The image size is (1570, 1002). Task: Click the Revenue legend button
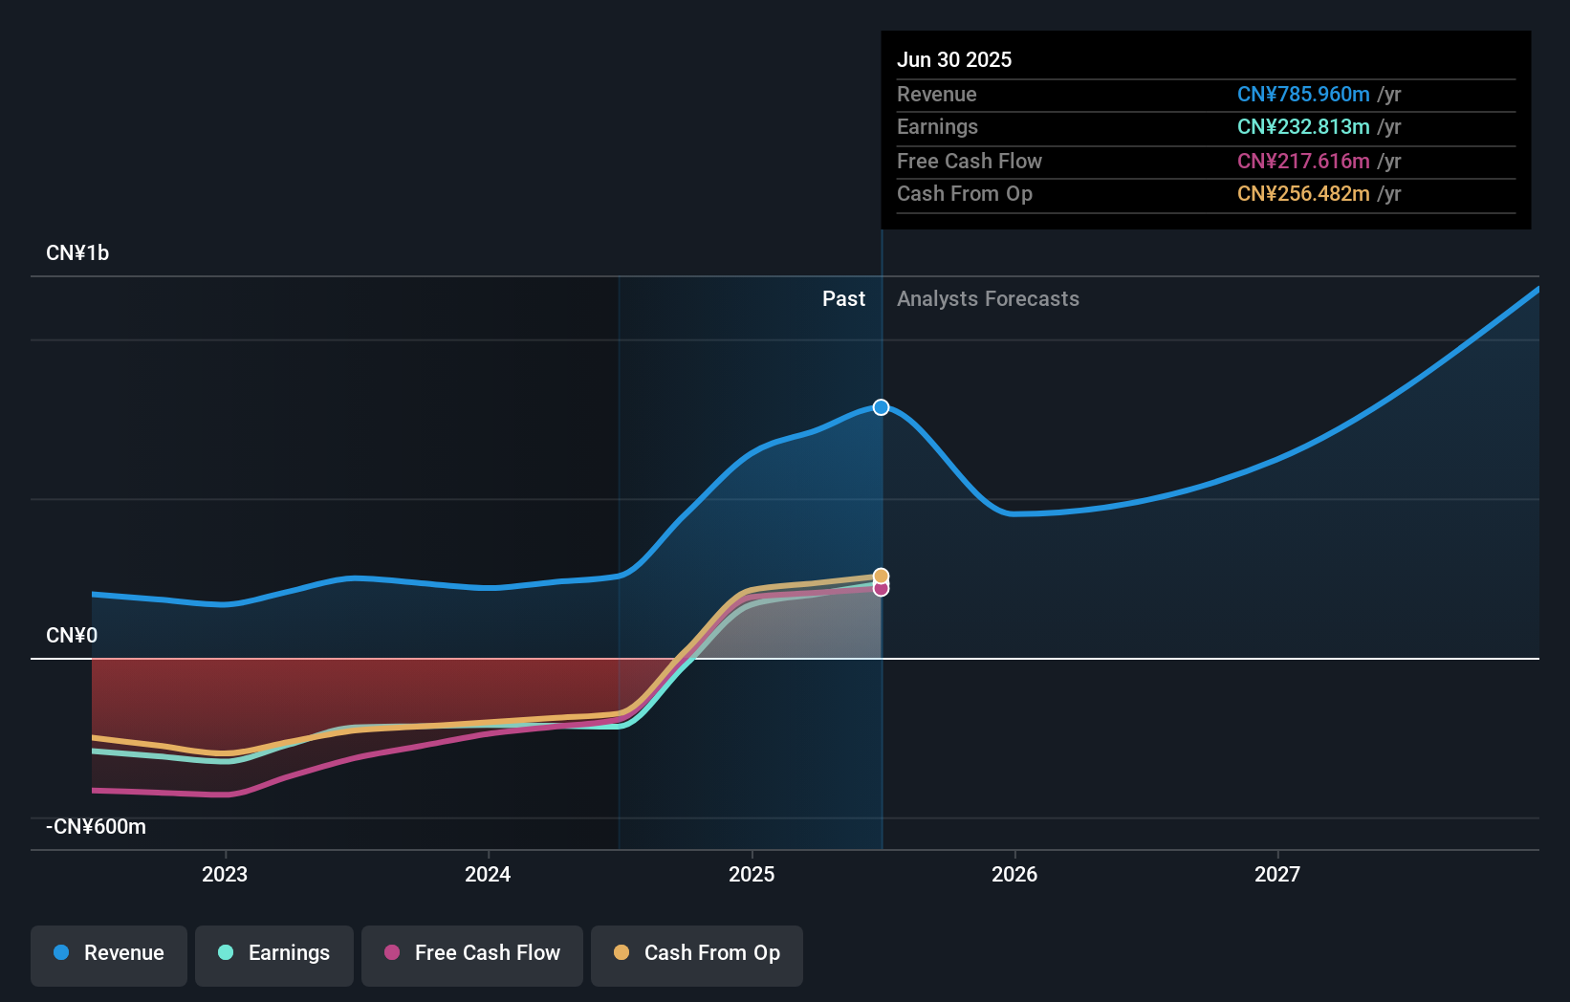[109, 953]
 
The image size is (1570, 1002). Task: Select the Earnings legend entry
[274, 953]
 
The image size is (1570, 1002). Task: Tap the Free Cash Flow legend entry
[472, 953]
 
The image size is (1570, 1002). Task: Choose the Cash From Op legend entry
[697, 953]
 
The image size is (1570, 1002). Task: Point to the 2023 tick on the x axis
[225, 874]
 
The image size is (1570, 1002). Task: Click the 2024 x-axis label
[488, 874]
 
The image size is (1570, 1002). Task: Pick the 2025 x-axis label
[752, 874]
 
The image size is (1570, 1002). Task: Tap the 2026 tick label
[1014, 874]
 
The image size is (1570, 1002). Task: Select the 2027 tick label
[1277, 874]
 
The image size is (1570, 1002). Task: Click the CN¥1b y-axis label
[77, 253]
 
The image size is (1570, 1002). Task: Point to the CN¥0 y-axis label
[72, 636]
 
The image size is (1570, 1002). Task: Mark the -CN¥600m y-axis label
[97, 827]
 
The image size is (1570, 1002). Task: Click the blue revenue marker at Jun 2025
[881, 407]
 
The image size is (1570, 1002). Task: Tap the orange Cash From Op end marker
[881, 576]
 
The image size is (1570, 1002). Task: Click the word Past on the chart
[843, 299]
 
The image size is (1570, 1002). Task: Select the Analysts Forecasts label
[988, 299]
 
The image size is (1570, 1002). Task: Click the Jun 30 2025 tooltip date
[954, 59]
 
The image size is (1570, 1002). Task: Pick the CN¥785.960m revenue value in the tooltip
[1303, 94]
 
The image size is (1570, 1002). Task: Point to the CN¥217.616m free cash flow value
[1303, 161]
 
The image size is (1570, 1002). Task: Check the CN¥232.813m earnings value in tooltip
[1303, 126]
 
